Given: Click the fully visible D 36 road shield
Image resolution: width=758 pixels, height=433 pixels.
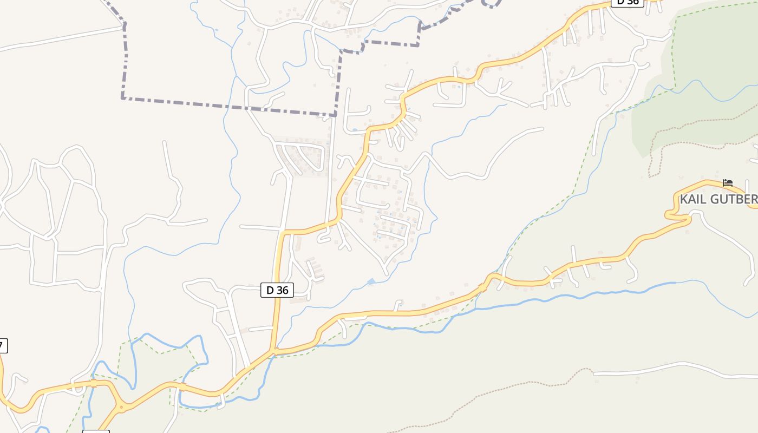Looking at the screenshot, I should [277, 290].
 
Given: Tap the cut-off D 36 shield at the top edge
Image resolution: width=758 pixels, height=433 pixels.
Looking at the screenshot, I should [627, 2].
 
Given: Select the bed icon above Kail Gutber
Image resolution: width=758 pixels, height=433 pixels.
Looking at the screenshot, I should [728, 183].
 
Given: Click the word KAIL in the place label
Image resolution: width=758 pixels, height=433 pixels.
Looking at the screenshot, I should [693, 199].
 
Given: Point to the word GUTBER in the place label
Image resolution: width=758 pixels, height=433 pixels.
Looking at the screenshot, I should [733, 199].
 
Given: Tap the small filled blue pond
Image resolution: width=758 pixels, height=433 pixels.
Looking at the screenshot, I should [371, 281].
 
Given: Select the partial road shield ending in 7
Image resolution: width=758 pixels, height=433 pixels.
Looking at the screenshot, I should [3, 345].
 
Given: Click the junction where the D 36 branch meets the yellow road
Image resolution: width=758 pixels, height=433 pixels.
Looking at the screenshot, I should [275, 352].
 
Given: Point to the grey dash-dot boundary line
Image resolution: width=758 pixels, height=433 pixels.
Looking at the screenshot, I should [227, 106].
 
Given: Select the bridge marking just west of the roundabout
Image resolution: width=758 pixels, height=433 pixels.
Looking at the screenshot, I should [94, 384].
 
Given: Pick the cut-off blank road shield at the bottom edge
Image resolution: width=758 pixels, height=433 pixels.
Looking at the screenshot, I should [96, 431].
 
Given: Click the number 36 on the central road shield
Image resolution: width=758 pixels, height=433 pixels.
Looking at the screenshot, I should [282, 290].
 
